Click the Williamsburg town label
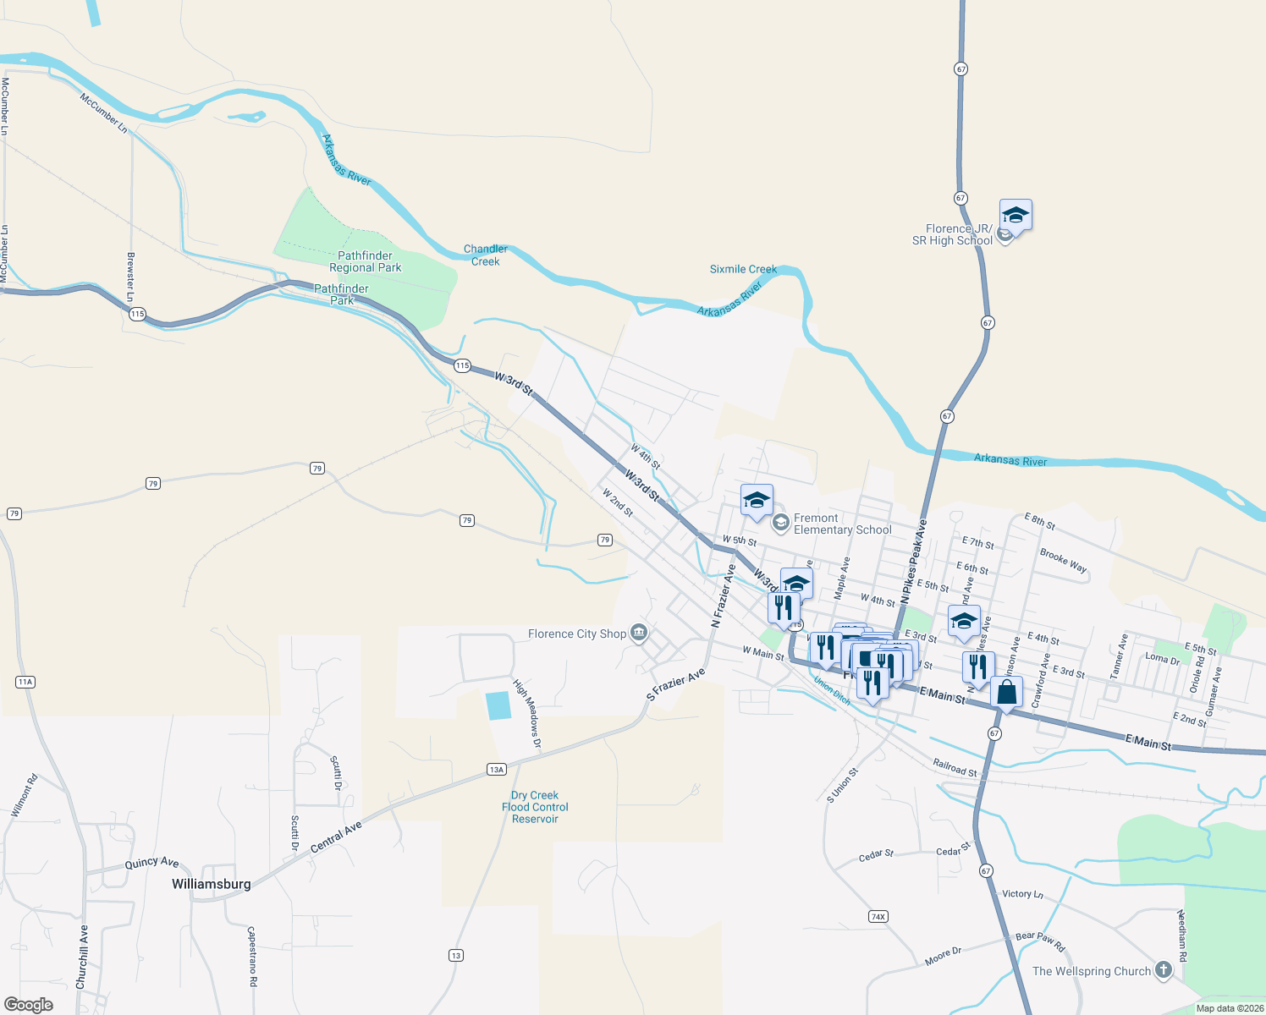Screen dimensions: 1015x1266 pos(211,884)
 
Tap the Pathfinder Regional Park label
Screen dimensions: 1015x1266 pos(366,261)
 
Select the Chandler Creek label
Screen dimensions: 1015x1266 pos(486,255)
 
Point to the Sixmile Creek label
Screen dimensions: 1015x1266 pos(743,269)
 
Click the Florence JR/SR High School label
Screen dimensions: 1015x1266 pos(952,234)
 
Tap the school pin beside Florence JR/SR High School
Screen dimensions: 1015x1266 pos(1015,217)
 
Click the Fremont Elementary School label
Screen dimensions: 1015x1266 pos(842,524)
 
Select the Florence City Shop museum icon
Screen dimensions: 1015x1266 pos(639,633)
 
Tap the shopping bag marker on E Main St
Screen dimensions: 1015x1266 pos(1006,693)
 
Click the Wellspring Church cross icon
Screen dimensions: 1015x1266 pos(1164,970)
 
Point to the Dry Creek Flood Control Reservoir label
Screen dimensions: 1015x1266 pos(535,807)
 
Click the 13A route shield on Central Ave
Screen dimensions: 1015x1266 pos(496,769)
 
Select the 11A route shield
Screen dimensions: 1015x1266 pos(25,682)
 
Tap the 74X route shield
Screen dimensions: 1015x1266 pos(878,917)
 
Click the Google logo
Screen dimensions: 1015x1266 pos(28,1004)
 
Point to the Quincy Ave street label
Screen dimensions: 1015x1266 pos(151,863)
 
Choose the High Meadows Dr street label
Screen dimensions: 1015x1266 pos(526,713)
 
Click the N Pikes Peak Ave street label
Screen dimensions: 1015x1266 pos(914,562)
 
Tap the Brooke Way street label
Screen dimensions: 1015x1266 pos(1063,561)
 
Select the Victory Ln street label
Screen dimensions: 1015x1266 pos(1022,893)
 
